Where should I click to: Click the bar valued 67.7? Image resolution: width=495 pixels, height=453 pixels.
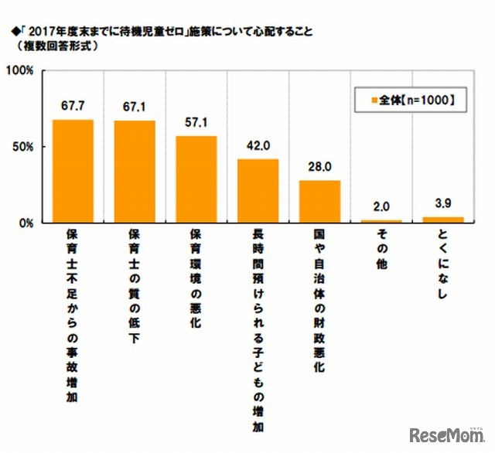[x=73, y=171]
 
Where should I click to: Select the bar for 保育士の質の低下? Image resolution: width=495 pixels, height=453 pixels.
[x=135, y=172]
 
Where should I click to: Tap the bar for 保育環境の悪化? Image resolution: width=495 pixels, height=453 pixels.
[x=196, y=179]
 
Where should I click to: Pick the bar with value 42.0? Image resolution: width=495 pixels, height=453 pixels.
[x=258, y=191]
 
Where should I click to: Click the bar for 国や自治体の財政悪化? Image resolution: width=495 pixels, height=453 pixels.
[x=319, y=202]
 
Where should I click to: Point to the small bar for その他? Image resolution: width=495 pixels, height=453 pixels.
[x=381, y=221]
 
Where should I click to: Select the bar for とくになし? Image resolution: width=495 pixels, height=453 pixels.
[x=443, y=220]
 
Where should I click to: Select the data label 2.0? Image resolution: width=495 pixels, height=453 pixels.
[x=381, y=208]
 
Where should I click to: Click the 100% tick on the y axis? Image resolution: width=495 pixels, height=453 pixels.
[x=19, y=71]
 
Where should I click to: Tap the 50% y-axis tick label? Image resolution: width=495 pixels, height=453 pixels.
[x=22, y=147]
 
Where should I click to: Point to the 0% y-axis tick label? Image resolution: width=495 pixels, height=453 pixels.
[x=25, y=223]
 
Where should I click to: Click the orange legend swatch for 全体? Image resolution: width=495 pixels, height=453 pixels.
[x=373, y=100]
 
